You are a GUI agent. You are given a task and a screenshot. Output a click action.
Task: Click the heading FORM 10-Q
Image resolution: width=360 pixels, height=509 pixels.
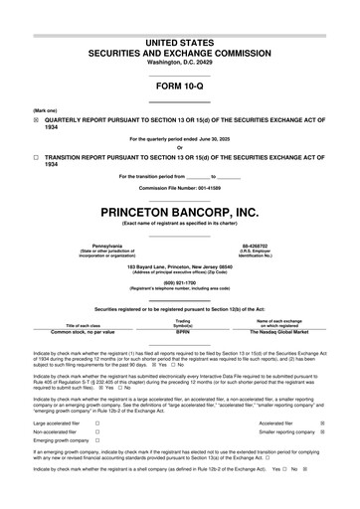coord(180,86)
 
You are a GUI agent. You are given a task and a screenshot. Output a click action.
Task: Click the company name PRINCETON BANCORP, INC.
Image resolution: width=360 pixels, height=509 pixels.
coord(180,212)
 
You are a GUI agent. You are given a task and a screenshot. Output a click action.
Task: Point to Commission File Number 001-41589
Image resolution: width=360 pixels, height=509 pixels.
coord(180,188)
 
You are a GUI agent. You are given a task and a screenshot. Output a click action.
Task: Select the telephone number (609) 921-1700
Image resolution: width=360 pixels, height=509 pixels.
coord(180,279)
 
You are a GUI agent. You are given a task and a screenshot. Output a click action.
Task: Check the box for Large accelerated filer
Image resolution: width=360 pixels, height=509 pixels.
coord(96,424)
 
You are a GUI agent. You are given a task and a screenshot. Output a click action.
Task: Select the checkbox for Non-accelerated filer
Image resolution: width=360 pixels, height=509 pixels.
coord(96,433)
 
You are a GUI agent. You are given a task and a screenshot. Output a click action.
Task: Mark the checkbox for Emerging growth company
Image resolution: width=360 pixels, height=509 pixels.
coord(96,443)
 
